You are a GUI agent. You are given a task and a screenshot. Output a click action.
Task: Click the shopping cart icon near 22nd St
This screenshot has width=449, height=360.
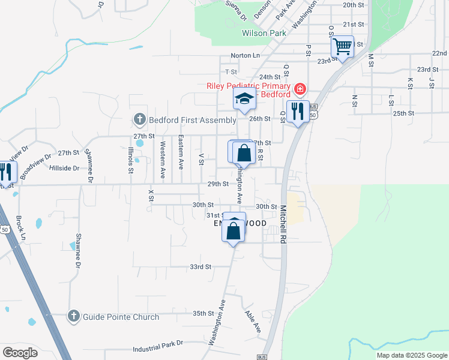click(x=342, y=46)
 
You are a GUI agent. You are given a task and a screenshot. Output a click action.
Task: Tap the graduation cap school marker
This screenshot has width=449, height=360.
click(x=244, y=98)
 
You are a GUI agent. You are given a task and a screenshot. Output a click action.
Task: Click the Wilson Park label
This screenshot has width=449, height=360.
click(x=264, y=34)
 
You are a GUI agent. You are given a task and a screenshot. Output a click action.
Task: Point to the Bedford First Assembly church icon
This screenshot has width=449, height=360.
click(x=139, y=120)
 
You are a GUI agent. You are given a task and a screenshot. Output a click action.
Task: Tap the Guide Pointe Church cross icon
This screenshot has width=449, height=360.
click(x=74, y=316)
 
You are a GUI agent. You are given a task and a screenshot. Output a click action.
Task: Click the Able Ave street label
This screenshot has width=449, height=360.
click(x=252, y=321)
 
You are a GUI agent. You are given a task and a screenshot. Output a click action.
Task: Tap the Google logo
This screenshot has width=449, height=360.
click(x=20, y=353)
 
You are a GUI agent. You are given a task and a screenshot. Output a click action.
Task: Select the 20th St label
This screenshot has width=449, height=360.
click(x=354, y=5)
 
